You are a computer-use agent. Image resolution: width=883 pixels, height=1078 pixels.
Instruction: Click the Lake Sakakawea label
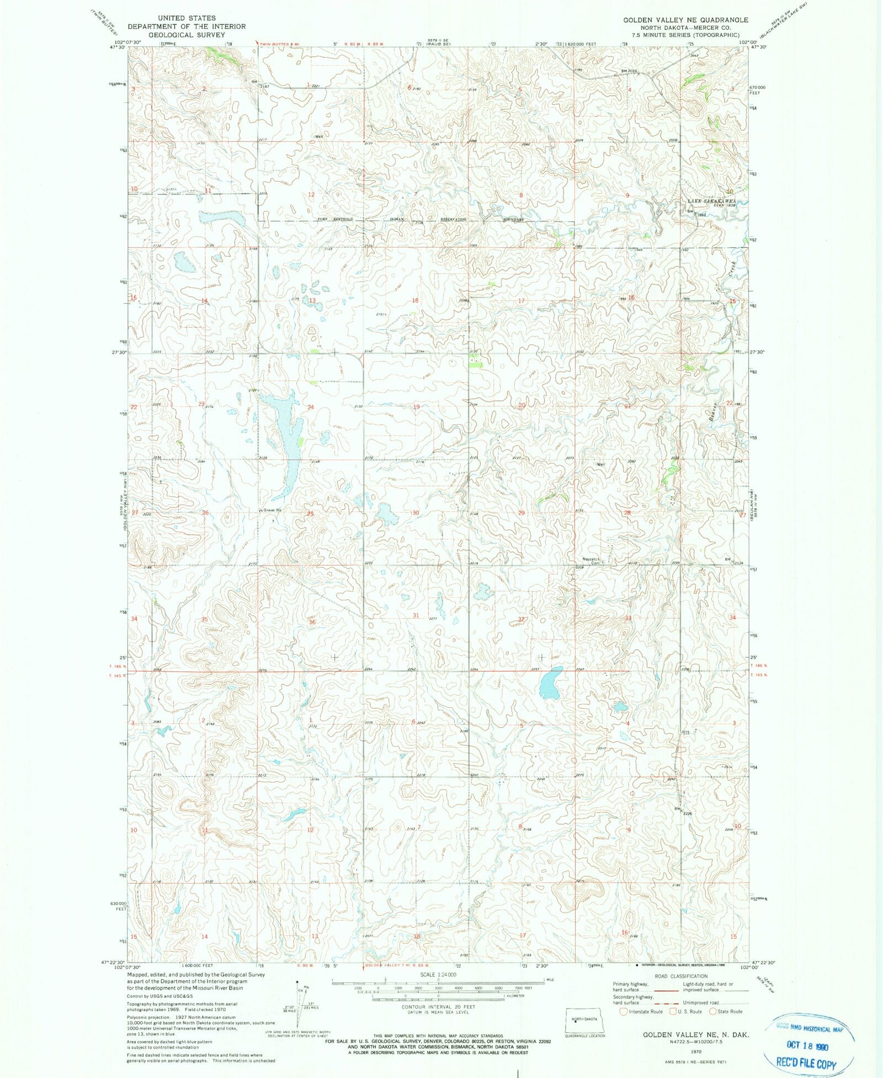(712, 202)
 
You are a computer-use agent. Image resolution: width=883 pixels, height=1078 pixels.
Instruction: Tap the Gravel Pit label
(272, 510)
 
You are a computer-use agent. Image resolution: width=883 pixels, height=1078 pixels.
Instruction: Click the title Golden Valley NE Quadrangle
(686, 20)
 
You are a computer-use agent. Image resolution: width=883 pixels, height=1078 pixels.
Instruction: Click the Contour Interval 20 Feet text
(438, 1007)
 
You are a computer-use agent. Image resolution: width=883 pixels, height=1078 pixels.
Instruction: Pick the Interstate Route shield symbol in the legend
(624, 1012)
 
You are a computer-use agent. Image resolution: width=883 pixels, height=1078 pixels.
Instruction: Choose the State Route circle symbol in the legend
(713, 1012)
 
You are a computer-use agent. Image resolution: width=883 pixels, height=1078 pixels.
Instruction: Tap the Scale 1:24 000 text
(438, 975)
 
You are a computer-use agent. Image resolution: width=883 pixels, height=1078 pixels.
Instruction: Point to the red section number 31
(416, 615)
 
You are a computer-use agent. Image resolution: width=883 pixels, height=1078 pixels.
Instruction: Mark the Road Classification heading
(680, 976)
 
